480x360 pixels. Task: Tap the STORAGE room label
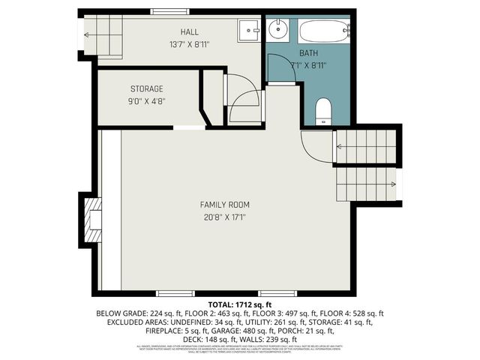pos(146,88)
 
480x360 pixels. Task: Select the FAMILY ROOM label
pos(224,204)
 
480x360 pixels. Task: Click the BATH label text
pos(308,53)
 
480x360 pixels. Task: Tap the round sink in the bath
pos(277,31)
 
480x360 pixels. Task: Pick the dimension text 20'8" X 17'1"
pos(224,217)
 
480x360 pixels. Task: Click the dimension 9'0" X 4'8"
pos(146,101)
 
